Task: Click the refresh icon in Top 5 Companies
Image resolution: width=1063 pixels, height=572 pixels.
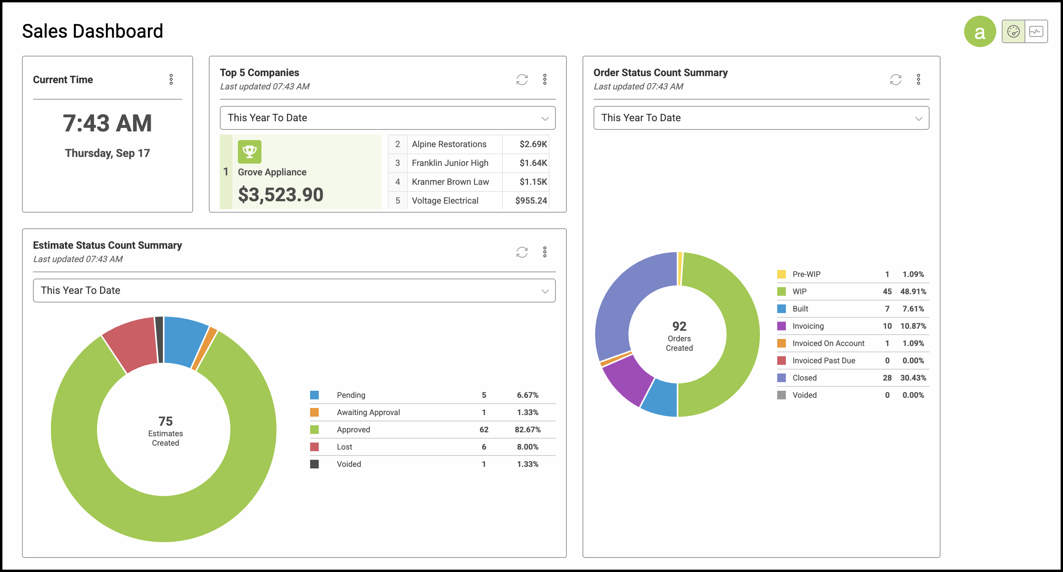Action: click(x=522, y=80)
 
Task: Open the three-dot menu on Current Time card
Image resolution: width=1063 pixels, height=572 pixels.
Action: click(x=171, y=80)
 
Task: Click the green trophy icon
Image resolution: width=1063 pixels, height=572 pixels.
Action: click(x=250, y=152)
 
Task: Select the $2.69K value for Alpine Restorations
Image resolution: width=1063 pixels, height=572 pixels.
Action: click(x=533, y=144)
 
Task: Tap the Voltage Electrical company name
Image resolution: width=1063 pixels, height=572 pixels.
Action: click(x=445, y=201)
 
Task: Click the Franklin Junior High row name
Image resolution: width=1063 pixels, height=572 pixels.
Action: click(x=450, y=163)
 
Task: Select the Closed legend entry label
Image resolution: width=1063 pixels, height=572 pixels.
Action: click(x=804, y=378)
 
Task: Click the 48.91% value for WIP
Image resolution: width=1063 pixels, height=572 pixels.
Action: click(x=913, y=291)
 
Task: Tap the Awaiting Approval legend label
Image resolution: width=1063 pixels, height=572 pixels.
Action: click(x=368, y=412)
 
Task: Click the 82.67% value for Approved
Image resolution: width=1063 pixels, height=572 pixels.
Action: click(x=527, y=430)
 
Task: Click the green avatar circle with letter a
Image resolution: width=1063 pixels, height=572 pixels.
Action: click(x=980, y=32)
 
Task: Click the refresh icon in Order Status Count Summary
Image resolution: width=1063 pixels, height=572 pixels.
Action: click(x=895, y=80)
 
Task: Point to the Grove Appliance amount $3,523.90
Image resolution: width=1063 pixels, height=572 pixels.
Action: click(x=281, y=195)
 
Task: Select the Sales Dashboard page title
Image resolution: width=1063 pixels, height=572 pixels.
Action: click(x=92, y=31)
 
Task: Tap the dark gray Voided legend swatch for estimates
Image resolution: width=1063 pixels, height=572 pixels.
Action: click(x=314, y=465)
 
